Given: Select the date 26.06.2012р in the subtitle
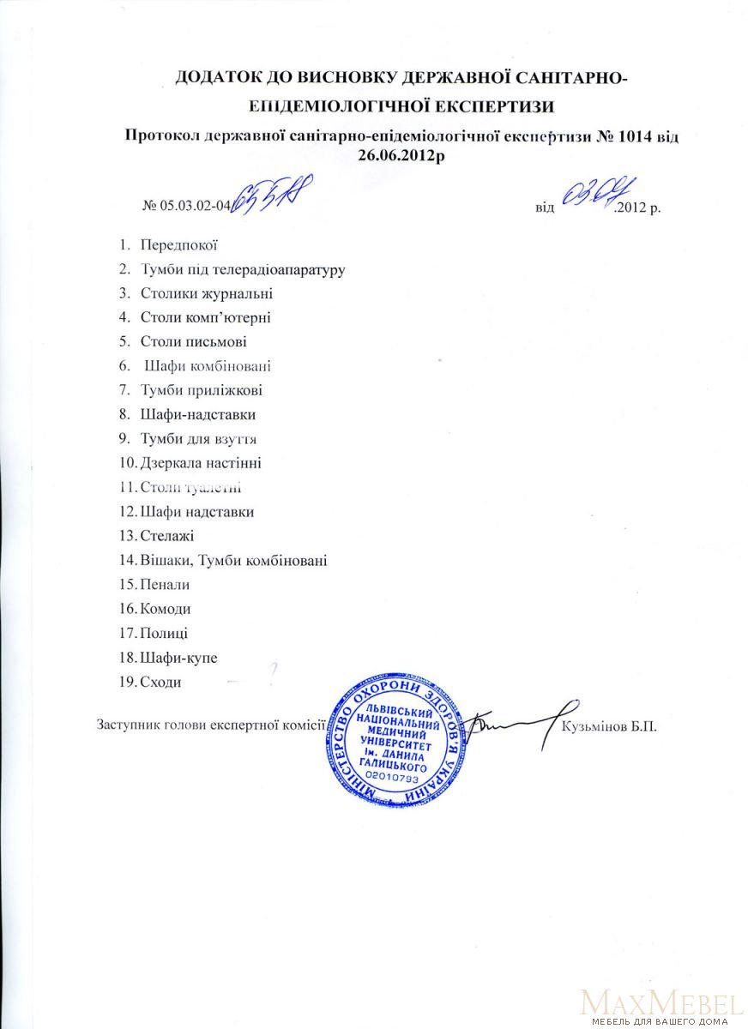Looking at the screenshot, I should click(402, 155).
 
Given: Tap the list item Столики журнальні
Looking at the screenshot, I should click(207, 293).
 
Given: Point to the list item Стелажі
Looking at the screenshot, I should click(167, 537).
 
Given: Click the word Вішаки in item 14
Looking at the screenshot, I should click(165, 561).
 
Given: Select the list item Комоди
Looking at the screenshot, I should click(165, 609).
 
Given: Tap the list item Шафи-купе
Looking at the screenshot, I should click(178, 658).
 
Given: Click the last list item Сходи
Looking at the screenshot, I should click(161, 682).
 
